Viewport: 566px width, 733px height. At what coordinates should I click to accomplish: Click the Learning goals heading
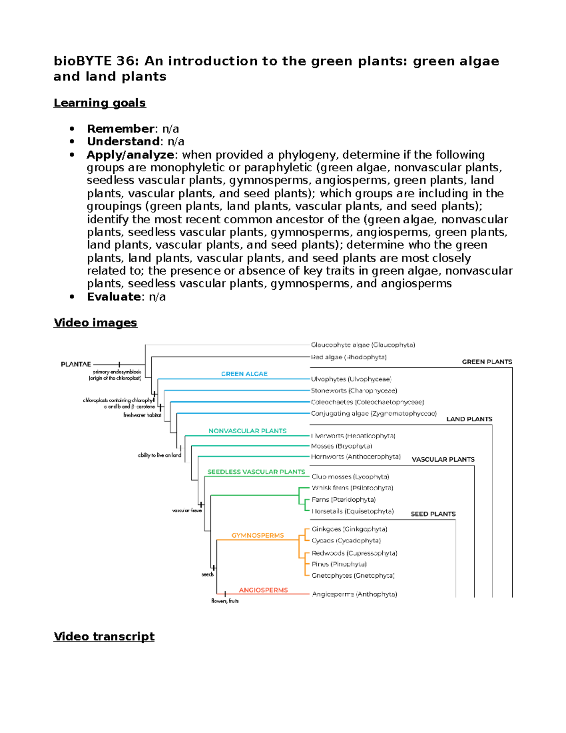click(x=100, y=103)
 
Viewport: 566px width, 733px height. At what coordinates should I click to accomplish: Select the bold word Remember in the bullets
click(x=121, y=129)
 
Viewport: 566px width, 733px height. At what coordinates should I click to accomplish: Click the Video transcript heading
click(x=104, y=636)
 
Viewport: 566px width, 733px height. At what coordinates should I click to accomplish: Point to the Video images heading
click(x=95, y=323)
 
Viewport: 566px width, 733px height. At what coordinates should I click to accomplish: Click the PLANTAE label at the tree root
click(x=76, y=364)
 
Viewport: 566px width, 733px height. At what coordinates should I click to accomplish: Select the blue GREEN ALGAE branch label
click(x=244, y=374)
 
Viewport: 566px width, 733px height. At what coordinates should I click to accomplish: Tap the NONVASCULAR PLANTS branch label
click(x=248, y=431)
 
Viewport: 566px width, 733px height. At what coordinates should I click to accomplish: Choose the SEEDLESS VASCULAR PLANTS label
click(x=256, y=472)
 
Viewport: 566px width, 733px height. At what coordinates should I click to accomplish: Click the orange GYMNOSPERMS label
click(x=258, y=535)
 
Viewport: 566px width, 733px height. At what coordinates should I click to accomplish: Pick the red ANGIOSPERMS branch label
click(x=263, y=590)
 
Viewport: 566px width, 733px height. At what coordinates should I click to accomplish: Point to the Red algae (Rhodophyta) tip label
click(x=349, y=357)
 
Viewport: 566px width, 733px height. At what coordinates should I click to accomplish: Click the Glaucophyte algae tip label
click(x=363, y=345)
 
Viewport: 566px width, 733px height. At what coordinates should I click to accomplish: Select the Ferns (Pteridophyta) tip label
click(x=343, y=499)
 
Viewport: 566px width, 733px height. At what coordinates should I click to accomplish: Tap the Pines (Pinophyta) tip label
click(x=339, y=564)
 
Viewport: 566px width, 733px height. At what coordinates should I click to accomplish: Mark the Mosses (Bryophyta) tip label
click(x=341, y=446)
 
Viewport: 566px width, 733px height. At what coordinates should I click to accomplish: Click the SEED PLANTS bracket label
click(x=433, y=514)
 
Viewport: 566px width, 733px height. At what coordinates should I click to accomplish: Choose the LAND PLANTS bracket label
click(x=469, y=419)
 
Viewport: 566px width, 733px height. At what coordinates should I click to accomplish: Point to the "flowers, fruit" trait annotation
click(x=225, y=601)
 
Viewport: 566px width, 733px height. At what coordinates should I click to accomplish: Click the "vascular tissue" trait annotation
click(x=187, y=510)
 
